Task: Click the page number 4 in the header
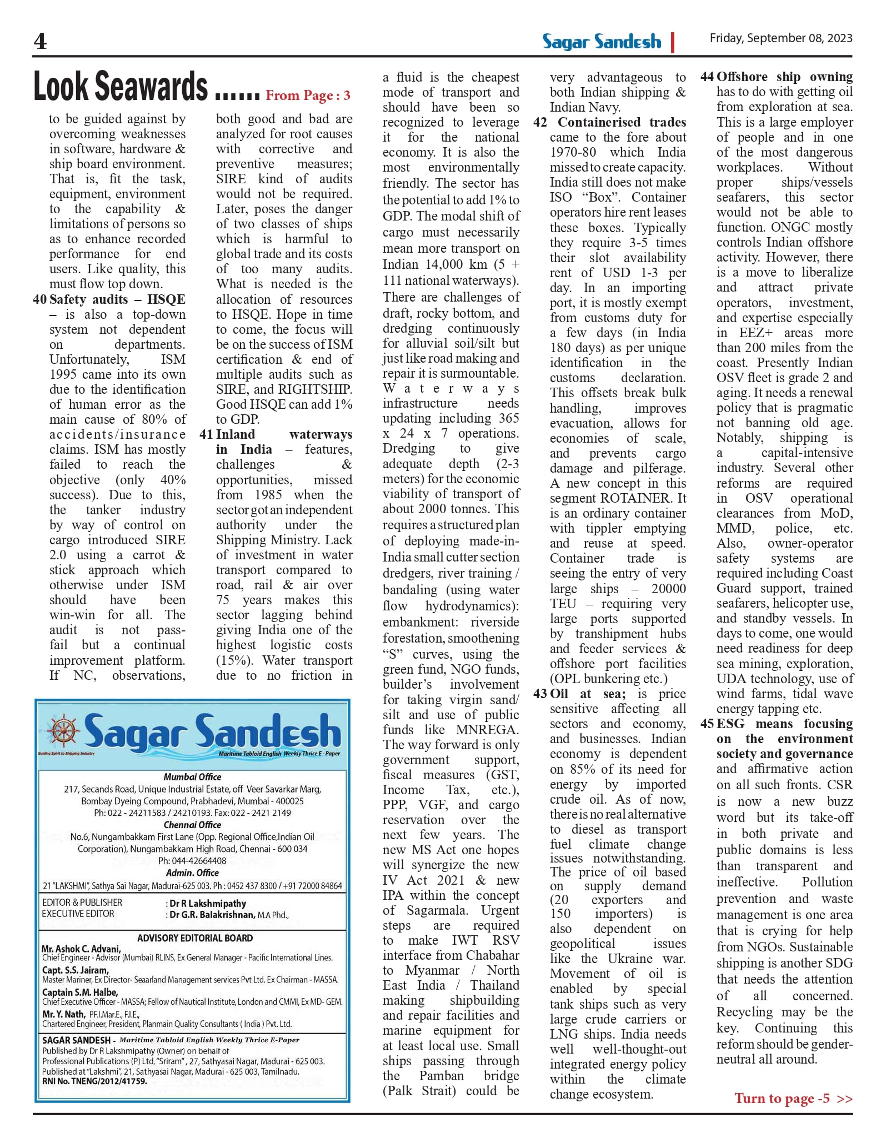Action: tap(40, 41)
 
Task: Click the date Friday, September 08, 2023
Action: tap(780, 38)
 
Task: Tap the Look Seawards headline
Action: tap(121, 87)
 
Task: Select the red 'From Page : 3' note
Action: tap(308, 96)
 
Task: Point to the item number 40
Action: tap(40, 299)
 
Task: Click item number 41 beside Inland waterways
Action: tap(207, 434)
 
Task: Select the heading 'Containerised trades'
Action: tap(622, 122)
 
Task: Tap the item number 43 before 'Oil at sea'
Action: tap(540, 694)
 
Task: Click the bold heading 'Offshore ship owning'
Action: tap(784, 77)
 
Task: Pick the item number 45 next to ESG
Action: tap(707, 724)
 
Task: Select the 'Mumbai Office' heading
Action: tap(192, 777)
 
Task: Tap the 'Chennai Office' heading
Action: tap(192, 825)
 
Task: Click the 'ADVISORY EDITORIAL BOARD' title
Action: tap(195, 938)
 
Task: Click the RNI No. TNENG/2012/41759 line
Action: tap(94, 1081)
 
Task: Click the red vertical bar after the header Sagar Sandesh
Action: tap(673, 42)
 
